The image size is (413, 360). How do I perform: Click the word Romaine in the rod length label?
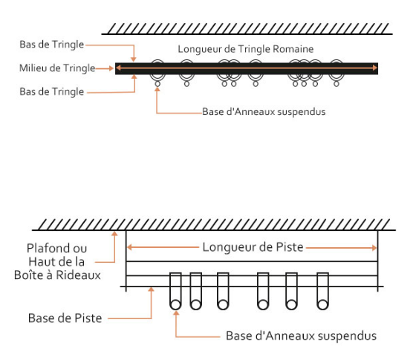(293, 49)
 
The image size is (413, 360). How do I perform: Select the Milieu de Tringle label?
(57, 68)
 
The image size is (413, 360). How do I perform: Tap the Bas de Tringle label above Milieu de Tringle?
(52, 45)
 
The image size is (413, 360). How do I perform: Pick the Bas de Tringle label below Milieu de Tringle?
(52, 91)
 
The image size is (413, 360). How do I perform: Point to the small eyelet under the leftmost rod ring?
(157, 84)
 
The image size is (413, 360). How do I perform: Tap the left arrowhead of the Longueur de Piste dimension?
(129, 247)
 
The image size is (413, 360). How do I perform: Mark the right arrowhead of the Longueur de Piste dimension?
(374, 248)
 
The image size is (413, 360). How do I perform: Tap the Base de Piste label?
(65, 318)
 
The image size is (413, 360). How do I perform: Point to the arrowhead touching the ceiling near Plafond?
(114, 234)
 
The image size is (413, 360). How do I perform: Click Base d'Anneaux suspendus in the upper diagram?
(264, 111)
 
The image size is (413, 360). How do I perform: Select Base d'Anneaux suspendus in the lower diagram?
(302, 336)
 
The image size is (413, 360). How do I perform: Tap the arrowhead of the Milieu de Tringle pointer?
(111, 68)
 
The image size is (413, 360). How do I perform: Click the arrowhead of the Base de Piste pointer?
(152, 289)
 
